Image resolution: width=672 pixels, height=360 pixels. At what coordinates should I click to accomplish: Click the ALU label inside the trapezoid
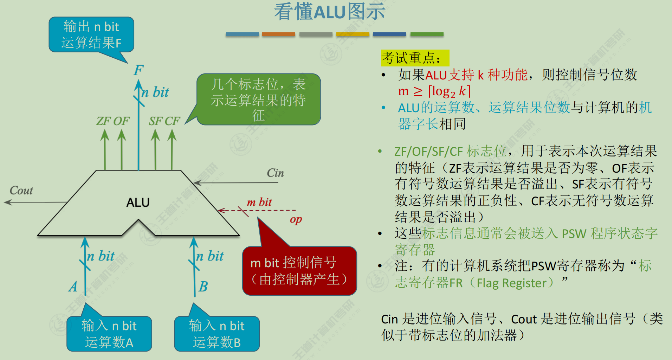tap(138, 202)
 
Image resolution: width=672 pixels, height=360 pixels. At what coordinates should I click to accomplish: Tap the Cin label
tap(275, 173)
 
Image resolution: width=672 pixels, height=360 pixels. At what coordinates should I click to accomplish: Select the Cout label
tap(21, 191)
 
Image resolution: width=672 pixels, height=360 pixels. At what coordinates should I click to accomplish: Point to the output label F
tap(138, 70)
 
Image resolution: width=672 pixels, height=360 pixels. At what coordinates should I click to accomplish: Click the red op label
tap(296, 220)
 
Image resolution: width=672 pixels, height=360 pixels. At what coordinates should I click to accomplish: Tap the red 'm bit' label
tap(259, 202)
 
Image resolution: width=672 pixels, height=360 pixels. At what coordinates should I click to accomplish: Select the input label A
tap(73, 287)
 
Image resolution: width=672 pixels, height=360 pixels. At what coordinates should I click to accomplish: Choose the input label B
tap(203, 287)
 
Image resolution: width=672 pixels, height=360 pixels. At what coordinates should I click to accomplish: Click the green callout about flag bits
tap(258, 99)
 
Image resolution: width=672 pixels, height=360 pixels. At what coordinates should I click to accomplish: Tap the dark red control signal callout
tap(299, 271)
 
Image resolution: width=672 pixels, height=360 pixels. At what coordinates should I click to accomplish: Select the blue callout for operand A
tap(109, 334)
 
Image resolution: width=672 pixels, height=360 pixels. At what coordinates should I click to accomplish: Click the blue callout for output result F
tap(91, 34)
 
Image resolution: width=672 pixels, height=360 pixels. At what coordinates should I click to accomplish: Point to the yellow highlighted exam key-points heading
tap(415, 58)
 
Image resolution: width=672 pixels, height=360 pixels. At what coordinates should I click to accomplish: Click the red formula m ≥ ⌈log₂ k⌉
tap(434, 91)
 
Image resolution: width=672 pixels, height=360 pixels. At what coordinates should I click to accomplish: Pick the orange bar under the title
tap(278, 34)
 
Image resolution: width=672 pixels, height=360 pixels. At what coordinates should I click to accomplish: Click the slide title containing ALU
tap(329, 12)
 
